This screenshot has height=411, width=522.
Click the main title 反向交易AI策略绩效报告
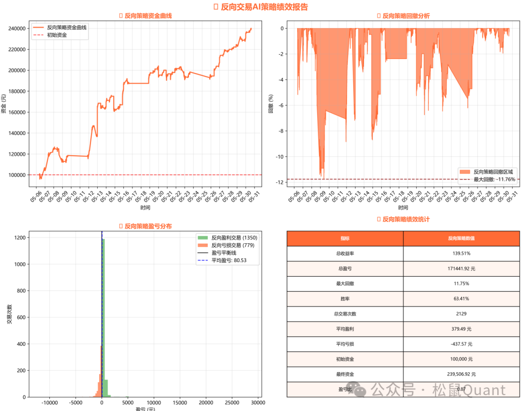tap(263, 7)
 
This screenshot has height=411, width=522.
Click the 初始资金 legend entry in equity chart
tap(57, 35)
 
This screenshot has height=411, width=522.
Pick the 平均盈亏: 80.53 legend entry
tap(229, 261)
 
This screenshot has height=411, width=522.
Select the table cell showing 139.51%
tap(462, 253)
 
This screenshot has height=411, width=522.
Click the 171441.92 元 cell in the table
tap(462, 268)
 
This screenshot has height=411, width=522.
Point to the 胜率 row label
tap(345, 298)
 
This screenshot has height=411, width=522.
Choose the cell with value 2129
tap(462, 313)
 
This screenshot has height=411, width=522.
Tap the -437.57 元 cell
tap(462, 344)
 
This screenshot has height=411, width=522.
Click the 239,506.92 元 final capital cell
tap(462, 374)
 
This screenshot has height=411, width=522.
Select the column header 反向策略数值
tap(462, 238)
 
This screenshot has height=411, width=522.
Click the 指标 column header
tap(345, 238)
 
